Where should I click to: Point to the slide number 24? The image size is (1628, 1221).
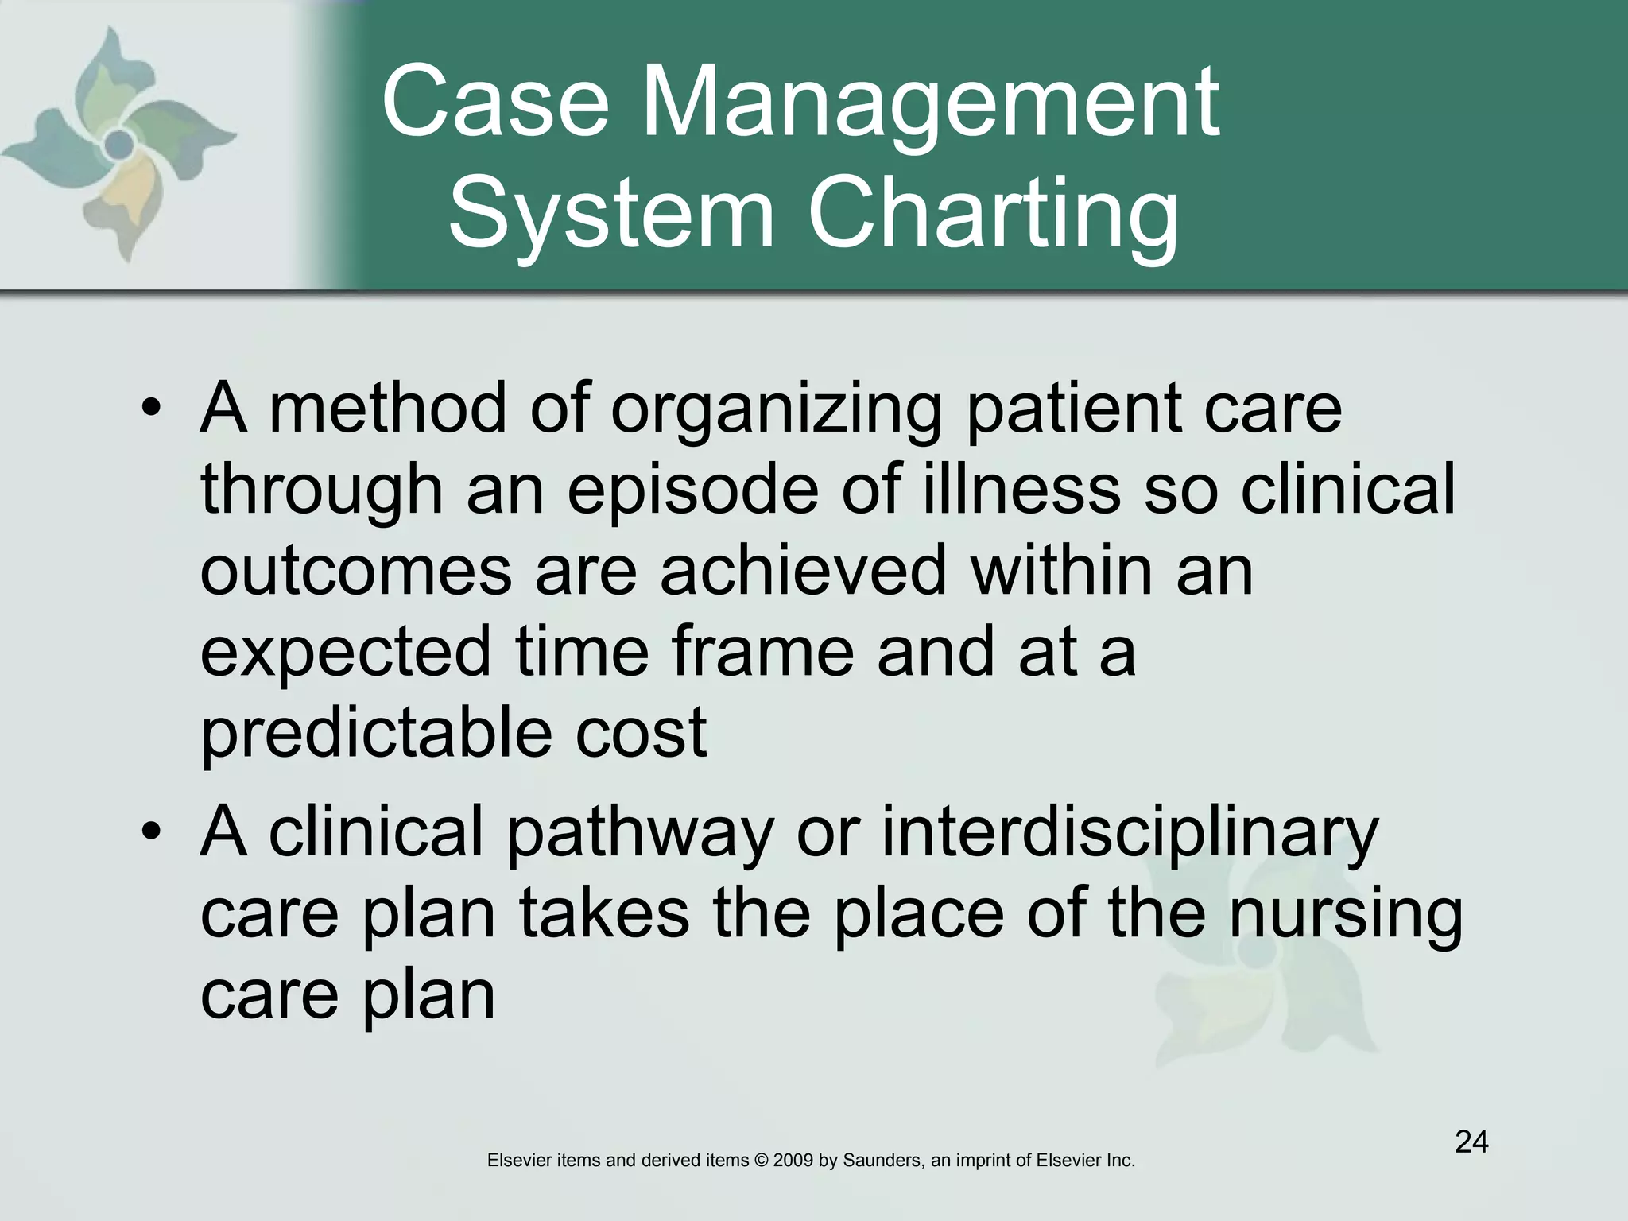pyautogui.click(x=1471, y=1142)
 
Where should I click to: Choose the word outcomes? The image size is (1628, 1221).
pyautogui.click(x=356, y=571)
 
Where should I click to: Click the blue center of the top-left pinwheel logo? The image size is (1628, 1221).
pyautogui.click(x=119, y=144)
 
